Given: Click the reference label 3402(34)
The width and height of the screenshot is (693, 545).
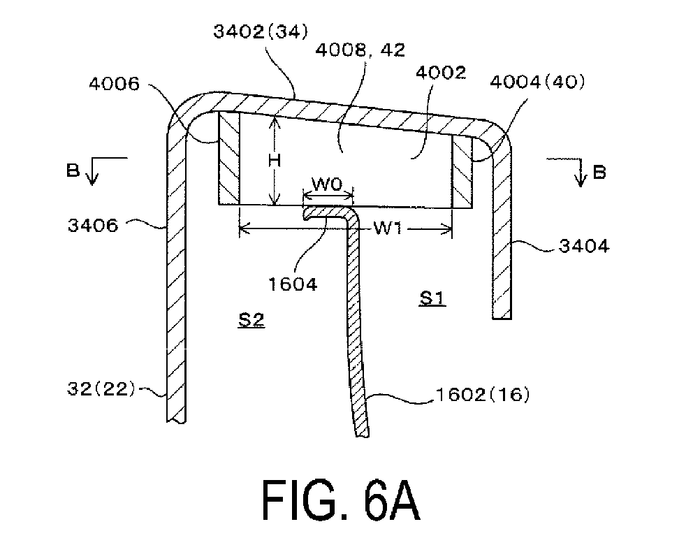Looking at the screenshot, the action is pyautogui.click(x=261, y=31).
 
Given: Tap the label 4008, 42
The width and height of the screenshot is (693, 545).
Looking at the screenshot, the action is pyautogui.click(x=360, y=50).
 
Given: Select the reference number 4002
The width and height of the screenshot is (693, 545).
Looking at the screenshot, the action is pyautogui.click(x=441, y=72).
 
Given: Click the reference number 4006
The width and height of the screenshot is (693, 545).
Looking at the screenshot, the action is pyautogui.click(x=114, y=84).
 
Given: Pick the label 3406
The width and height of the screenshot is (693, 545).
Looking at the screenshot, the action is pyautogui.click(x=93, y=225).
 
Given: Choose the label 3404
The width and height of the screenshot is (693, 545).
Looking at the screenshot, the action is pyautogui.click(x=584, y=245).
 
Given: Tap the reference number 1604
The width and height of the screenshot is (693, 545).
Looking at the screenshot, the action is pyautogui.click(x=293, y=284).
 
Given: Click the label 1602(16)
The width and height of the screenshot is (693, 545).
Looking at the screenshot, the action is pyautogui.click(x=483, y=394).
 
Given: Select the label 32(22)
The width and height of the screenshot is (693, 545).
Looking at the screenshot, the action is pyautogui.click(x=101, y=389).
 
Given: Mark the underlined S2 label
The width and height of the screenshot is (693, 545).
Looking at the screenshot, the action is pyautogui.click(x=251, y=319).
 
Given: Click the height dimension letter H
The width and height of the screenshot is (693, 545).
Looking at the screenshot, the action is pyautogui.click(x=275, y=160).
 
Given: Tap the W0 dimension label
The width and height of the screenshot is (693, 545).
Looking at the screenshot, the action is pyautogui.click(x=328, y=184).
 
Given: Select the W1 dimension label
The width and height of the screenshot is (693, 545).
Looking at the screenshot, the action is pyautogui.click(x=387, y=228).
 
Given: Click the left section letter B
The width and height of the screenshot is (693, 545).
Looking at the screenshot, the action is pyautogui.click(x=73, y=170).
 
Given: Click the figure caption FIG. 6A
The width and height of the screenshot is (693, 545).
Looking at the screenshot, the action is pyautogui.click(x=341, y=500).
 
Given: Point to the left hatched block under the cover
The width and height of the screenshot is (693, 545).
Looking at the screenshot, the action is pyautogui.click(x=229, y=158).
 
